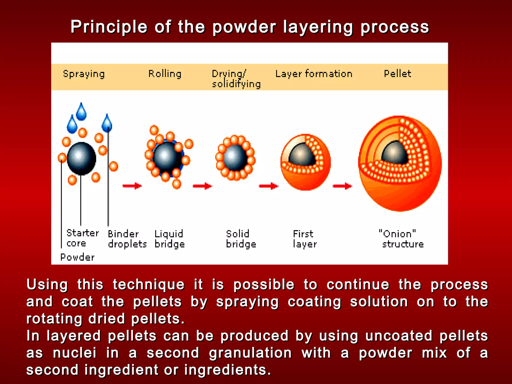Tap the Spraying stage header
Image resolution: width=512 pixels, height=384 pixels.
(x=84, y=74)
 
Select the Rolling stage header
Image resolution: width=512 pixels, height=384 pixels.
(x=165, y=74)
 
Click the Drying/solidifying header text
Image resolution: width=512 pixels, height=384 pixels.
(x=236, y=79)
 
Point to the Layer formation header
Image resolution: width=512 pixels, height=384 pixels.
(x=314, y=74)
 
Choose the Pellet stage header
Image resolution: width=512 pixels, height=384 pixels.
(x=397, y=74)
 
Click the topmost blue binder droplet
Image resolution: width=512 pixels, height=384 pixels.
(x=81, y=112)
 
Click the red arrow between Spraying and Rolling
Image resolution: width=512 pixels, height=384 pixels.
(x=132, y=186)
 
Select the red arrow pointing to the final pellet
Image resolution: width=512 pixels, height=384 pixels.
(x=342, y=186)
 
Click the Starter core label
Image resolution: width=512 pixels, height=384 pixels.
(x=82, y=238)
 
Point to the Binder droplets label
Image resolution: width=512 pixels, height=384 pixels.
(x=127, y=239)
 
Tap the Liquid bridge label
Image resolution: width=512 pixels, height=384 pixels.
(x=169, y=239)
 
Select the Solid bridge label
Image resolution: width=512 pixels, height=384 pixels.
(x=241, y=239)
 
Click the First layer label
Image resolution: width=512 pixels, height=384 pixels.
(x=304, y=239)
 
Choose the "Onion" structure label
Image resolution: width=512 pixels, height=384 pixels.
(x=401, y=239)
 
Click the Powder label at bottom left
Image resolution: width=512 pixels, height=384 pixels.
(x=77, y=257)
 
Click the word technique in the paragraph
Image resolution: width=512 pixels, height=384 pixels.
(x=148, y=285)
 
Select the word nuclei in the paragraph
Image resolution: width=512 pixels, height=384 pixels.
(x=74, y=353)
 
